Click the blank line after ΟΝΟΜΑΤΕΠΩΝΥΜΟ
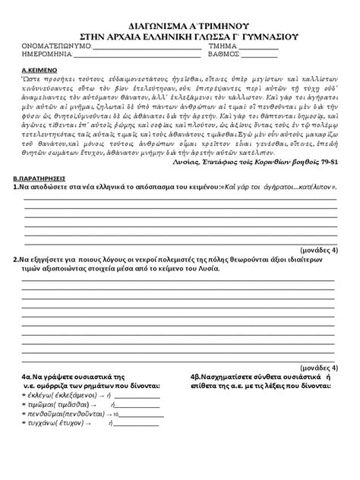pyautogui.click(x=144, y=48)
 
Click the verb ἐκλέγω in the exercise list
pyautogui.click(x=39, y=395)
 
